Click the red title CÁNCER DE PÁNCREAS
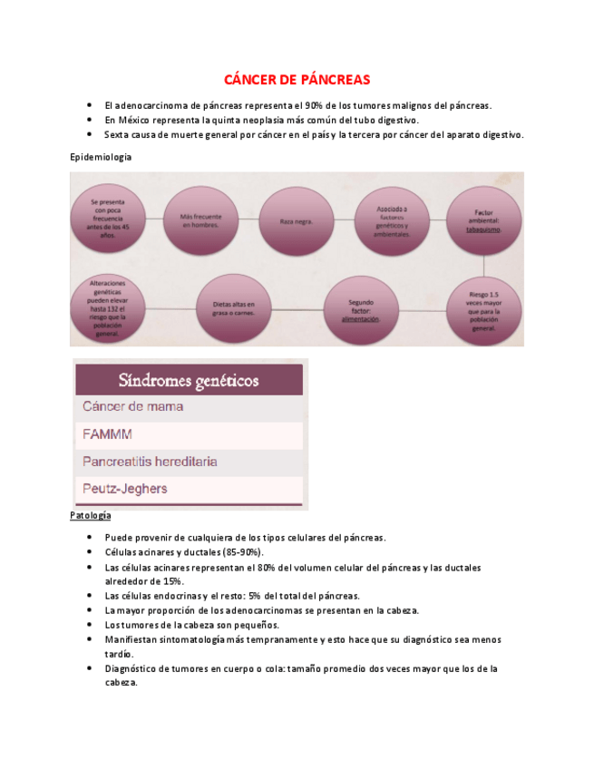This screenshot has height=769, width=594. click(x=297, y=79)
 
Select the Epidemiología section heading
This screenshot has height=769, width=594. click(x=101, y=157)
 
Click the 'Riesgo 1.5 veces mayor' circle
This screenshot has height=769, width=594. click(x=482, y=308)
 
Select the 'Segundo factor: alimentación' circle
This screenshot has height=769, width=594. click(x=361, y=308)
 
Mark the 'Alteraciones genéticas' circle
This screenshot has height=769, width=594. click(x=108, y=308)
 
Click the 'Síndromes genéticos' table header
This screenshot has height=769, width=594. click(x=189, y=379)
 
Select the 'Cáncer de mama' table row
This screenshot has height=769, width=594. click(x=189, y=407)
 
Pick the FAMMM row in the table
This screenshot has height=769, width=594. click(x=189, y=434)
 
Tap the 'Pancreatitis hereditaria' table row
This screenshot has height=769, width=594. click(x=189, y=462)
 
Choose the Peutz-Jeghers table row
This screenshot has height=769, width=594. click(x=189, y=489)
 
